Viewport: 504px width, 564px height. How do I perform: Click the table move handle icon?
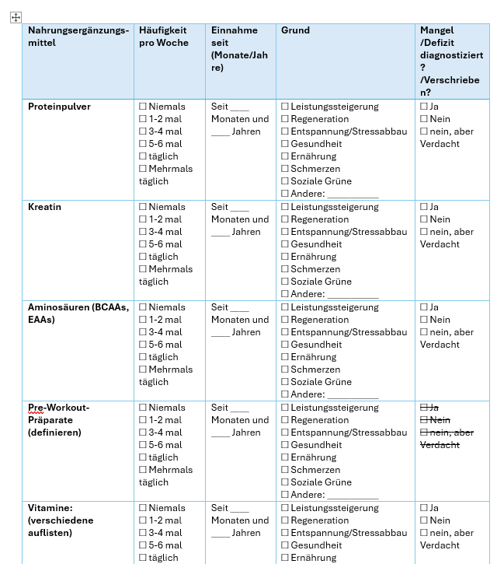(16, 17)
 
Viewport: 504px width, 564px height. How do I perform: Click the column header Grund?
(295, 30)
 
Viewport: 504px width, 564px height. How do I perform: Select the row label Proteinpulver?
(59, 107)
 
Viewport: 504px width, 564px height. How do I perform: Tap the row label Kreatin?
(45, 207)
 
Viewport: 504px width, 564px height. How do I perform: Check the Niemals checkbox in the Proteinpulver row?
(143, 107)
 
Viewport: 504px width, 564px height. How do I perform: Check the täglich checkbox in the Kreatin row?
(143, 257)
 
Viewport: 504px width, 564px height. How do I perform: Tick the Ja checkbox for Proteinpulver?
(424, 107)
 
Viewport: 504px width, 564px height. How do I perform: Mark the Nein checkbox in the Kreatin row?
(424, 219)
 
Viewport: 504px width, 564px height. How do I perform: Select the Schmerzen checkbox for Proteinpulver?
(285, 169)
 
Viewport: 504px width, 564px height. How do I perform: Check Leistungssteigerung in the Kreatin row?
(285, 207)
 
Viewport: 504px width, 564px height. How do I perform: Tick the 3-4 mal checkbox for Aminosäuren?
(143, 332)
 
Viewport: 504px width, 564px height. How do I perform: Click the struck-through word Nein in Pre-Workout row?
(440, 420)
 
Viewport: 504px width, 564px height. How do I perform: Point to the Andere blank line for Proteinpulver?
(353, 194)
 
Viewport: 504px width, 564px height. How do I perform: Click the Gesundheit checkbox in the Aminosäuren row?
(285, 345)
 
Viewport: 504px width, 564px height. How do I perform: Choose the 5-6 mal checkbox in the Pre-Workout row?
(143, 445)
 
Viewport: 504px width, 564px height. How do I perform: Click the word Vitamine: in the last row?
(50, 508)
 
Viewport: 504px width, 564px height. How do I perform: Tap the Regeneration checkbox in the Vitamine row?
(285, 520)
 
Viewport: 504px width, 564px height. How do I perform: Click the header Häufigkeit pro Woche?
(163, 37)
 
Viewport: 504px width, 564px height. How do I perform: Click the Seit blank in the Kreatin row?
(239, 208)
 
